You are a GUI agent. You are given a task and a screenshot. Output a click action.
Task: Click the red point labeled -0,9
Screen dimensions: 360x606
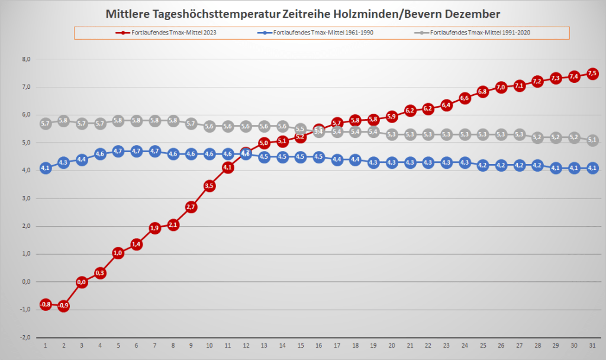click(63, 306)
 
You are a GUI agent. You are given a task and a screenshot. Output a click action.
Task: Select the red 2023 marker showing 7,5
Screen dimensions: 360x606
click(592, 73)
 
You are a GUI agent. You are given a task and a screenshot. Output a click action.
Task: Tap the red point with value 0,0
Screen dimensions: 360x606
click(82, 282)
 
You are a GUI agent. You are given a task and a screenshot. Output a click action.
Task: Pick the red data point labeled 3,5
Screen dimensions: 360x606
click(209, 185)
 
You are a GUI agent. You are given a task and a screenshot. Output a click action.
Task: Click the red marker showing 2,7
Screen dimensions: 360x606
click(191, 207)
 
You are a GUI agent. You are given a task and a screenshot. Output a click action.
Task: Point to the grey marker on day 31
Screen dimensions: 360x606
click(592, 140)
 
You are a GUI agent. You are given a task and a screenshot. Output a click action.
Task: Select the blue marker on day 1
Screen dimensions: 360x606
click(46, 168)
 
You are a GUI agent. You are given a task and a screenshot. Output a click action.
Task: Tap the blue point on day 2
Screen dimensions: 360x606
click(63, 162)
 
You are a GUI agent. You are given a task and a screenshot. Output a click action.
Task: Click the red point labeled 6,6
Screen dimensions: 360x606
click(465, 98)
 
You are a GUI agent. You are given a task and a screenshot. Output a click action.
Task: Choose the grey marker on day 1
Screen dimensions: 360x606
click(46, 124)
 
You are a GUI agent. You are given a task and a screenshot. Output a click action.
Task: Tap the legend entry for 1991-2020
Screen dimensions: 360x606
click(479, 32)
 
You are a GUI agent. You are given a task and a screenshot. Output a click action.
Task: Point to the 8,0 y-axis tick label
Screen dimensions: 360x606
click(26, 59)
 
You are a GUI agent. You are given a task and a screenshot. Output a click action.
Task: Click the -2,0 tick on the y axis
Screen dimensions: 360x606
click(25, 337)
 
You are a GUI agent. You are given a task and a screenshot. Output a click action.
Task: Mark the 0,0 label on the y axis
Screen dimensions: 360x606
click(26, 282)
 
